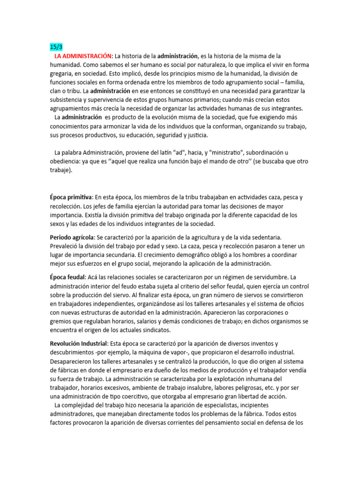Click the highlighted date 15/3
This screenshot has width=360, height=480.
(x=56, y=47)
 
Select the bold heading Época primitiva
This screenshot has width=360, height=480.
(x=71, y=197)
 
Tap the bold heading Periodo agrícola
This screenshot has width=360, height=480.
(x=72, y=238)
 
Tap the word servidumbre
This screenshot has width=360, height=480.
(x=267, y=278)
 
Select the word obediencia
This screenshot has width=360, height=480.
(x=65, y=161)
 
